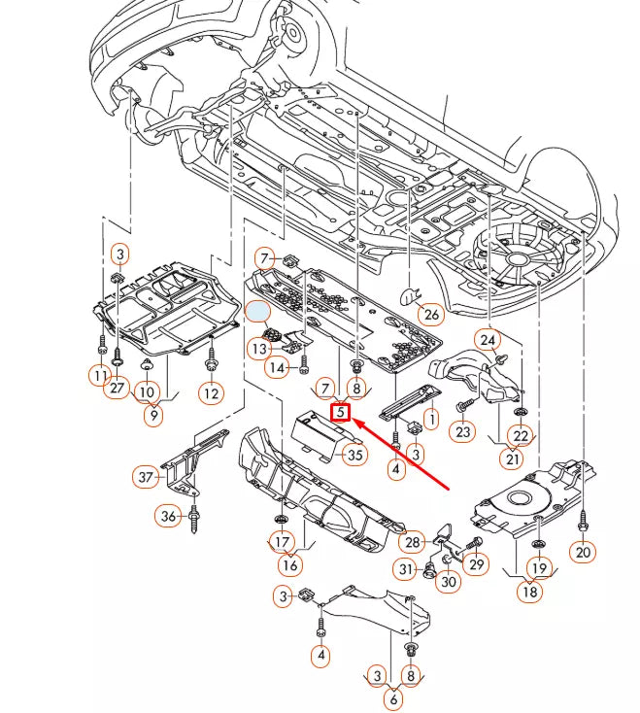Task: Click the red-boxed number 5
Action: point(340,413)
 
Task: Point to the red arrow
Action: point(400,455)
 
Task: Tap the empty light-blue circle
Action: point(257,312)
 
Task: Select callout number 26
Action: point(431,314)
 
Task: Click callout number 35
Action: point(355,455)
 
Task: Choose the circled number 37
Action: point(146,477)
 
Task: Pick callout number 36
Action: point(168,516)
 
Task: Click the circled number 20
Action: point(583,552)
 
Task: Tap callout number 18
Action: point(530,592)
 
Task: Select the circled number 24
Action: point(488,340)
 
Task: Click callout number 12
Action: point(212,392)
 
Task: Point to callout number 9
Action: point(153,415)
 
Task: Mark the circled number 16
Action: point(290,564)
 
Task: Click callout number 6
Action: point(393,698)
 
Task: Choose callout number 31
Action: point(405,569)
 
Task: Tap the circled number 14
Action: point(277,367)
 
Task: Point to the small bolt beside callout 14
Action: point(304,365)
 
